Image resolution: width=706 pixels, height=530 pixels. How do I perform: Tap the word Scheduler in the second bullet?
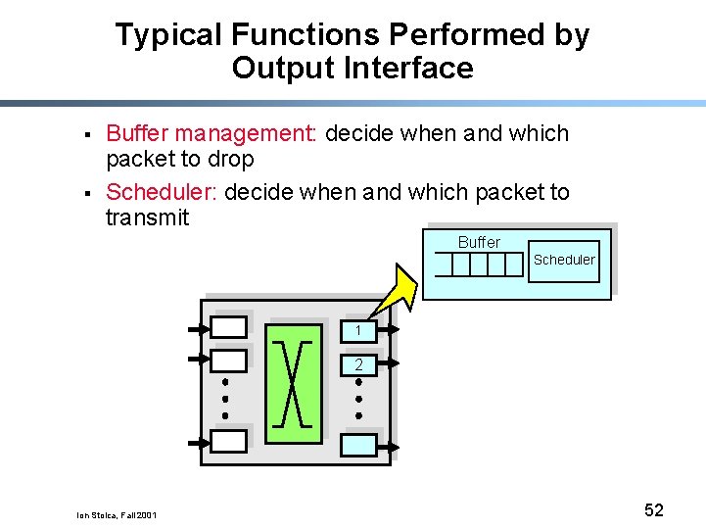pyautogui.click(x=162, y=192)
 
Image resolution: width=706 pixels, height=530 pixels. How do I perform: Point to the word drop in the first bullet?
pyautogui.click(x=229, y=159)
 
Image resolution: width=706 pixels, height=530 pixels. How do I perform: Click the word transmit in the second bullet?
pyautogui.click(x=147, y=217)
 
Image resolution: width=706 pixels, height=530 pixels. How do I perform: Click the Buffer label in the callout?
pyautogui.click(x=479, y=242)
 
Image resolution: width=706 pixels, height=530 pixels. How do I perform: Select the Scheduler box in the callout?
pyautogui.click(x=563, y=261)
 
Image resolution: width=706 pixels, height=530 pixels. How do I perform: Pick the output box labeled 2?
pyautogui.click(x=358, y=364)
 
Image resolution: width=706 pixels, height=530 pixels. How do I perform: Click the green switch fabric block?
pyautogui.click(x=293, y=377)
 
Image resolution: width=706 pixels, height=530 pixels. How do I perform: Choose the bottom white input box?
pyautogui.click(x=229, y=441)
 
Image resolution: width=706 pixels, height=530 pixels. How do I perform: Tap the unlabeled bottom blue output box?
pyautogui.click(x=358, y=446)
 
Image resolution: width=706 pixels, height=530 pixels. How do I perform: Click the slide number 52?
pyautogui.click(x=654, y=509)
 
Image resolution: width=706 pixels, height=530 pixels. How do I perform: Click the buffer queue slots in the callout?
pyautogui.click(x=479, y=265)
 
